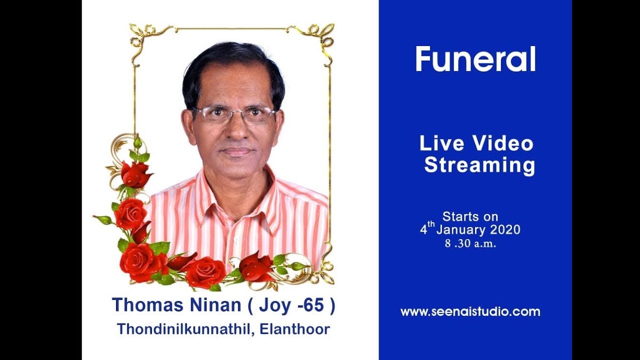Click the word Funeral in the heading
(475, 59)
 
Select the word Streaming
(479, 165)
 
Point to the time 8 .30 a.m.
(470, 244)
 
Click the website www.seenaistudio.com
(470, 312)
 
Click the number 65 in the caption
(312, 305)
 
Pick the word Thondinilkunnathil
(184, 329)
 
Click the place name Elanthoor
(295, 329)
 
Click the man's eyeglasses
(234, 115)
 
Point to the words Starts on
(470, 216)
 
